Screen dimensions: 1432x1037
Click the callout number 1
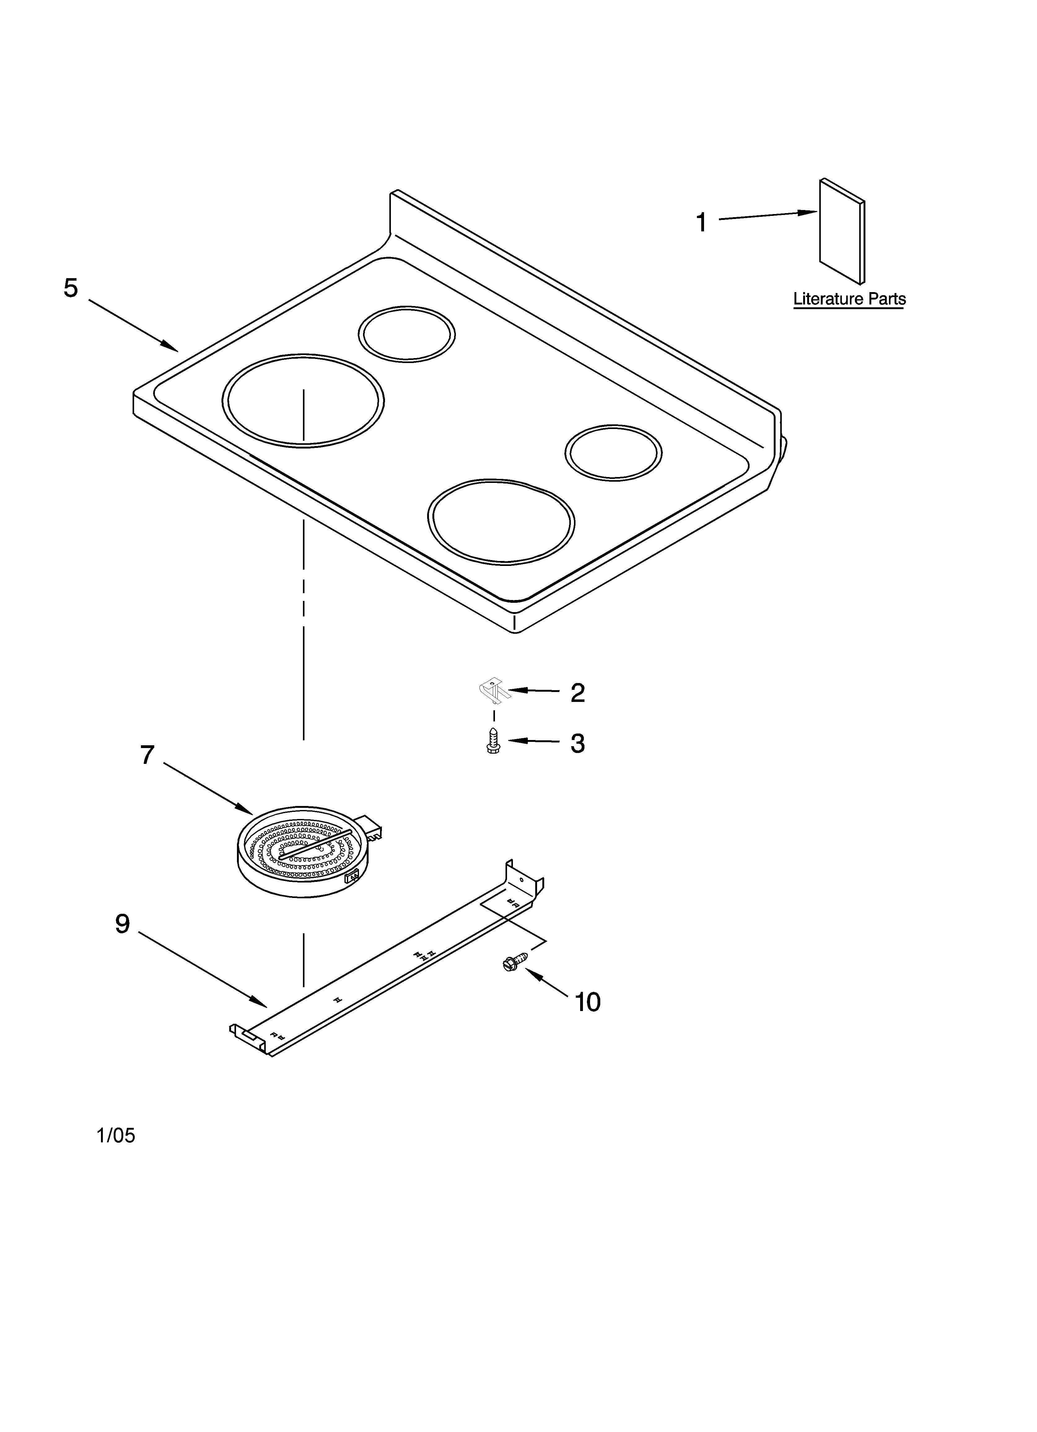click(x=701, y=223)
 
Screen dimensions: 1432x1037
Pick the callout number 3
click(x=577, y=744)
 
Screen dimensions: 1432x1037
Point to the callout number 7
click(x=147, y=755)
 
